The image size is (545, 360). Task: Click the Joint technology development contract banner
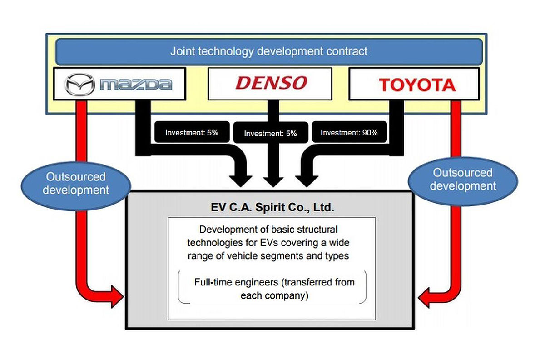(x=269, y=51)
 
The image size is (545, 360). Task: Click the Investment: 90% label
(x=349, y=133)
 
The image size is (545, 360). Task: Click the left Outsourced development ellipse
(x=76, y=183)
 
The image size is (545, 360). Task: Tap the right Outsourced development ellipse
(x=463, y=179)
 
